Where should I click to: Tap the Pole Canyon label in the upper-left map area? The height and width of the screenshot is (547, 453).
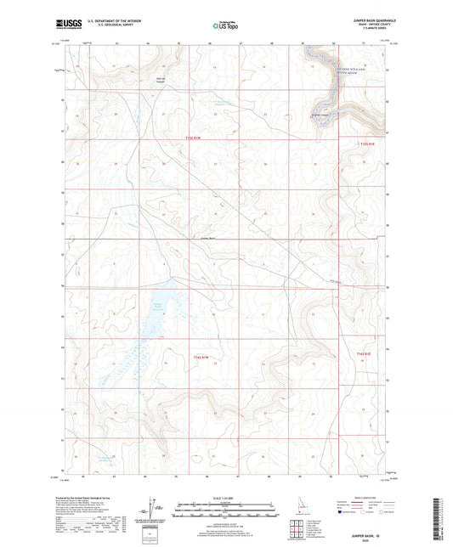(158, 82)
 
